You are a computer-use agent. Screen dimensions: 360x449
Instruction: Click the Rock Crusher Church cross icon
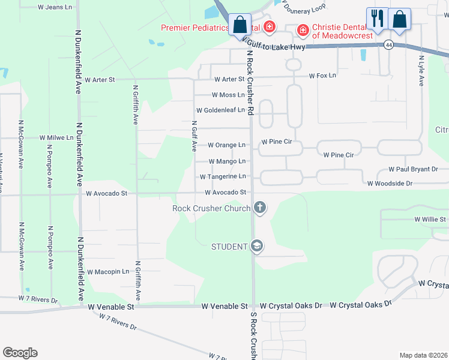tap(260, 208)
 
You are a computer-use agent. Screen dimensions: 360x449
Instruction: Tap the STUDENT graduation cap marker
tap(257, 246)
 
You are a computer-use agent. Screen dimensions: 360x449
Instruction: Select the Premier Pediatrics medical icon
tap(270, 27)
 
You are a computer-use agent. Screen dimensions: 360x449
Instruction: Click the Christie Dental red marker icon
tap(303, 29)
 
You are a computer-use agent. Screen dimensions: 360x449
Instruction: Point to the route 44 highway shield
tap(390, 45)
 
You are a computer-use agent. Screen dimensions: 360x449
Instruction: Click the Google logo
tap(20, 352)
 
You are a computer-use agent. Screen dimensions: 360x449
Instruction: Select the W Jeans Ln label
tap(59, 7)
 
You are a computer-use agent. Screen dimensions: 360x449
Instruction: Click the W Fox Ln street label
tap(322, 76)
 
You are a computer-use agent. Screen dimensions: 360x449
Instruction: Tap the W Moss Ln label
tap(228, 95)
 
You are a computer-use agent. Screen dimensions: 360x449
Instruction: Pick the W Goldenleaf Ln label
tap(220, 110)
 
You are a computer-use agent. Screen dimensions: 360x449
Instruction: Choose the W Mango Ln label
tap(227, 161)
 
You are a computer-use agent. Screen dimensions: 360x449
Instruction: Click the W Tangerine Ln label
tap(223, 176)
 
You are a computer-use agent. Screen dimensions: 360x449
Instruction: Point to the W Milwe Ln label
tap(56, 137)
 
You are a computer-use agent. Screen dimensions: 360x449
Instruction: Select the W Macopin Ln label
tap(108, 271)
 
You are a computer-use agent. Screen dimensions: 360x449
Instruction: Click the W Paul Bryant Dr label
tap(413, 170)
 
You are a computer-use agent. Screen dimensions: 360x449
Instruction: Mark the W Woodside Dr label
tap(390, 184)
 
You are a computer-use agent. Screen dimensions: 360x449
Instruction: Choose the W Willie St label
tap(430, 220)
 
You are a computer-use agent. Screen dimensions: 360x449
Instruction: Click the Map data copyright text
tap(423, 355)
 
